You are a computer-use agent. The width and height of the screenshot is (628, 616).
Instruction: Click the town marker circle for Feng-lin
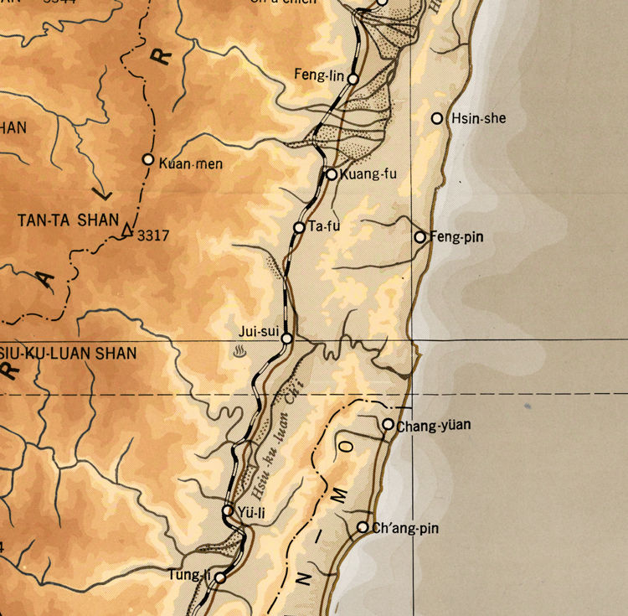click(353, 79)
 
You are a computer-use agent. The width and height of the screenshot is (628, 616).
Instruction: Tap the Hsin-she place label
click(478, 118)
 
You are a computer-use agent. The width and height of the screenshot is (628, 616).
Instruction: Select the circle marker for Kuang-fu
click(332, 174)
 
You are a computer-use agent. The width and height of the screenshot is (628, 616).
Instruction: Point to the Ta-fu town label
click(325, 226)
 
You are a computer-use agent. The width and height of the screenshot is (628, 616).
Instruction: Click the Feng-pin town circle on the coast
click(420, 237)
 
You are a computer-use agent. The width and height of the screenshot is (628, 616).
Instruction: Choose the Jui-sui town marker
click(286, 339)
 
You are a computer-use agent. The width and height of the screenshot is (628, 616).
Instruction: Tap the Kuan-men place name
click(190, 163)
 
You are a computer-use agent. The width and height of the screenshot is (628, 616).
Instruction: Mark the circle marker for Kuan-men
click(148, 159)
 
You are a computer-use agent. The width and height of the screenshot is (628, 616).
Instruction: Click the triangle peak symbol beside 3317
click(127, 230)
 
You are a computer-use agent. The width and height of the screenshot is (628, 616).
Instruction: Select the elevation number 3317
click(154, 236)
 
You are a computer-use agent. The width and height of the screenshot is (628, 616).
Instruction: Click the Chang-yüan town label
click(433, 425)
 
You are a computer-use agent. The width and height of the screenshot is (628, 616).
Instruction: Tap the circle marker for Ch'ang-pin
click(363, 527)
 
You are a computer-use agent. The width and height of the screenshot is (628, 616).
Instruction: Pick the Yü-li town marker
click(228, 510)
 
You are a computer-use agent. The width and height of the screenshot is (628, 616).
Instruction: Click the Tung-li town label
click(188, 574)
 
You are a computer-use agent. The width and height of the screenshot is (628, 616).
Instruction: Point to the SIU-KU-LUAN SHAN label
click(68, 353)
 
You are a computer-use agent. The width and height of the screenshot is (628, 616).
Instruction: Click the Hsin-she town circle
click(437, 118)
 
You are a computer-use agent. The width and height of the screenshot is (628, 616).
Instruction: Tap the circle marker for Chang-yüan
click(388, 425)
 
